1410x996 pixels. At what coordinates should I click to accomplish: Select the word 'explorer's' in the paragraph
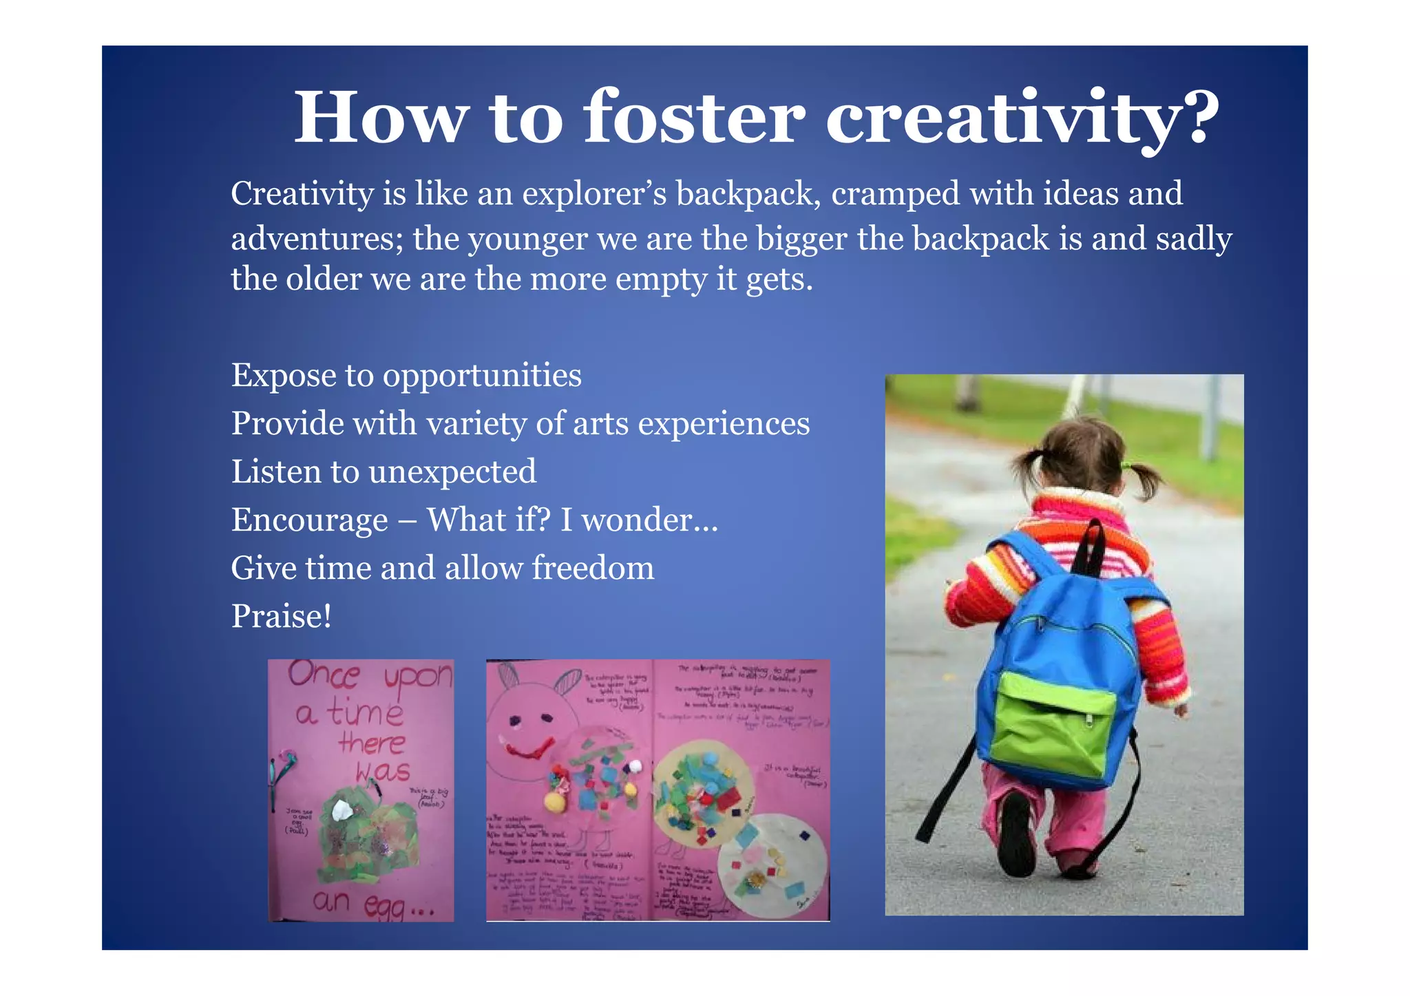594,193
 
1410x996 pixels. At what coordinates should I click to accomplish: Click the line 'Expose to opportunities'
406,376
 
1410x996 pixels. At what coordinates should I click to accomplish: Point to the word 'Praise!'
281,616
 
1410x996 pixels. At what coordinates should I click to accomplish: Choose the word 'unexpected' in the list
452,472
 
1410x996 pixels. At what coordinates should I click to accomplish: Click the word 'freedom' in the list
593,569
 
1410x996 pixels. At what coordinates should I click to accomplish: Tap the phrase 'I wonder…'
639,520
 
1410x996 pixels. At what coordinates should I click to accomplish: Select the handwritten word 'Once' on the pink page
324,675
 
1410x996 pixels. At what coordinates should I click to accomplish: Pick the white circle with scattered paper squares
771,860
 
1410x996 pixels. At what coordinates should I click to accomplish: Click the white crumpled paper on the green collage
342,811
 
